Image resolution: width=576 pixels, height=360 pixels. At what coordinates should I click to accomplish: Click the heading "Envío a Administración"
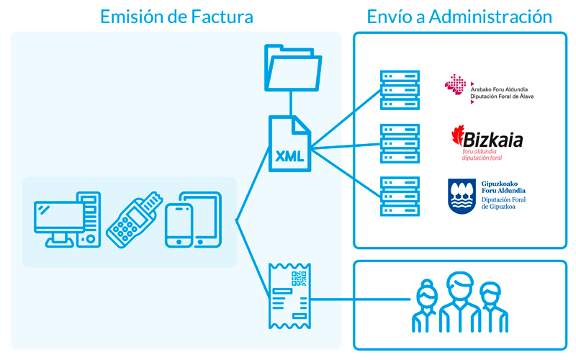point(459,16)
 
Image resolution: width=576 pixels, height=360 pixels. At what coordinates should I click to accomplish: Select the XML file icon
point(289,144)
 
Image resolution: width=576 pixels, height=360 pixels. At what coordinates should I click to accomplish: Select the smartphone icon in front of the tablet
point(179,225)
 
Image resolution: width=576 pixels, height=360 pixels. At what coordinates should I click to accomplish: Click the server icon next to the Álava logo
point(400,89)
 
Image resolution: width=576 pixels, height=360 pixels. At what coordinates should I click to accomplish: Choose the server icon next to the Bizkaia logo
point(400,143)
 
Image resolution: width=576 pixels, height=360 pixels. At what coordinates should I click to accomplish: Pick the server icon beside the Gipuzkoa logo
point(400,197)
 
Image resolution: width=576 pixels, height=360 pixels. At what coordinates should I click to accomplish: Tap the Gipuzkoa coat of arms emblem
point(462,196)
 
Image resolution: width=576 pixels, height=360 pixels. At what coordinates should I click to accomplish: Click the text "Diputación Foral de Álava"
point(502,96)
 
